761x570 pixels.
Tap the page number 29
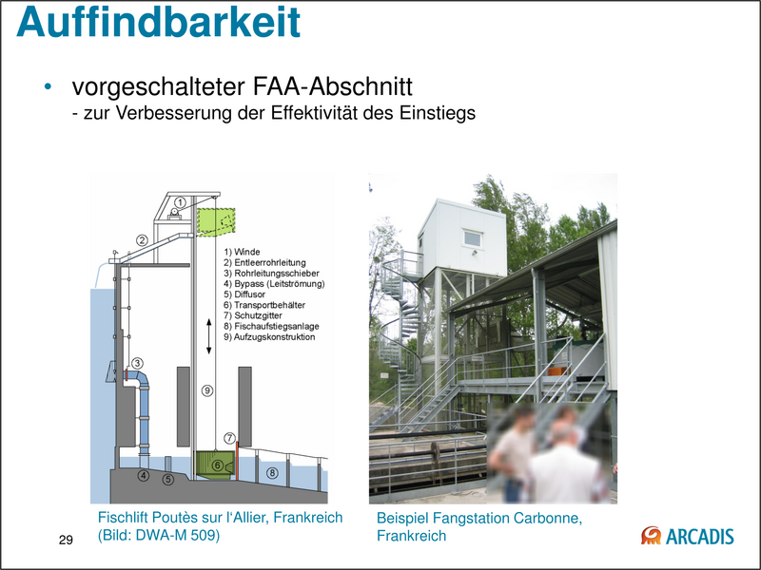pos(66,541)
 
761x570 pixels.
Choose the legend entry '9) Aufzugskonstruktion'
pos(269,336)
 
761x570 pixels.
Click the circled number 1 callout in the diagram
pos(182,201)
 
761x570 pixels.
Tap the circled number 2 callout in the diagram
pos(142,240)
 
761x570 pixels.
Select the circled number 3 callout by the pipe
pos(136,363)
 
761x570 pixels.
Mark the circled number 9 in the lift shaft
pos(208,389)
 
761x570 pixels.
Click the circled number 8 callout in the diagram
pos(273,472)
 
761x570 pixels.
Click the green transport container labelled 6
pos(218,465)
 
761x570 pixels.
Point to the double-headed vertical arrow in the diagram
pos(208,336)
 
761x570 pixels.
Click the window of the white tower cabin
pos(471,237)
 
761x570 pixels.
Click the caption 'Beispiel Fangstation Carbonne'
pos(478,519)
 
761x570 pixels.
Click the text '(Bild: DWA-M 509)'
pos(159,535)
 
